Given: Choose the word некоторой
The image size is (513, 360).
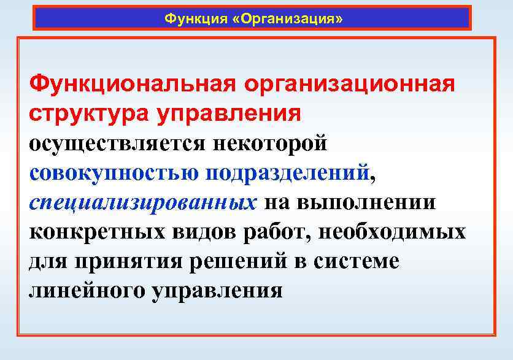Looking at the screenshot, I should tap(270, 144).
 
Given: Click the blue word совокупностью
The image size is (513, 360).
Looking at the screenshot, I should tap(114, 173).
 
